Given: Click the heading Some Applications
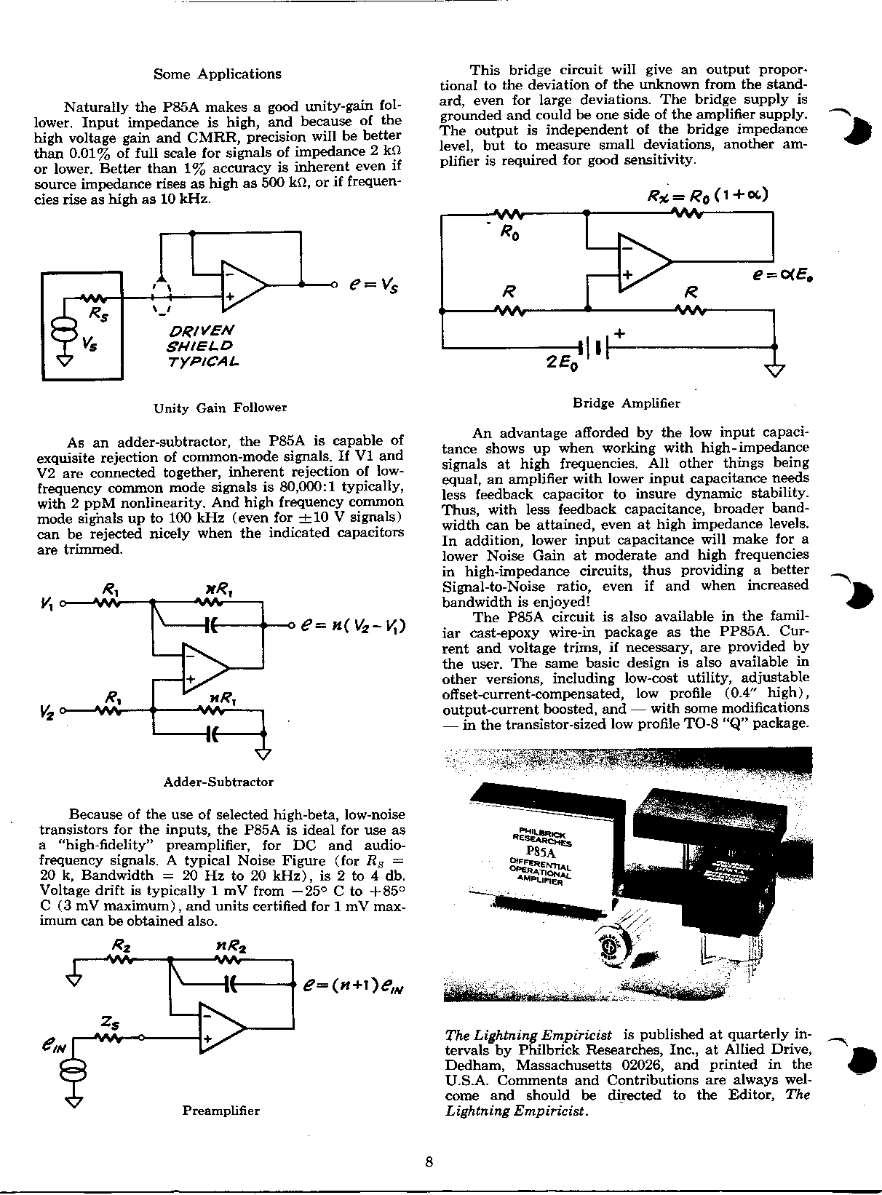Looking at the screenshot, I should click(x=218, y=74).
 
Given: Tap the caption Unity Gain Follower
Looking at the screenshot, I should click(x=220, y=408).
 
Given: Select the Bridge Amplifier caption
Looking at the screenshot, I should click(x=626, y=402).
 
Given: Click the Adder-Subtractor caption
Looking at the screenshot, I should click(x=218, y=782).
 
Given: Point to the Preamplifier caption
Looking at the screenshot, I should click(x=220, y=1111).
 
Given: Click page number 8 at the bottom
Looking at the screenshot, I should click(x=429, y=1162).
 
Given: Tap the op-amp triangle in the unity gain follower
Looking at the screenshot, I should click(x=242, y=285).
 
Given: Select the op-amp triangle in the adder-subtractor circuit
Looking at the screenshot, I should click(x=204, y=667).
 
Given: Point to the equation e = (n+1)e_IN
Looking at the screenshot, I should click(x=352, y=988).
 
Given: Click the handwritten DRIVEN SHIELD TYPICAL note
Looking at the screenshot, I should click(x=202, y=346).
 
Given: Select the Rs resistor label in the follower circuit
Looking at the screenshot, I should click(x=97, y=313).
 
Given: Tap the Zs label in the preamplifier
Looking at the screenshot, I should click(x=111, y=1025).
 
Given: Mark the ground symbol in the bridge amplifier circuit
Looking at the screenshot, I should click(x=775, y=370).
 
